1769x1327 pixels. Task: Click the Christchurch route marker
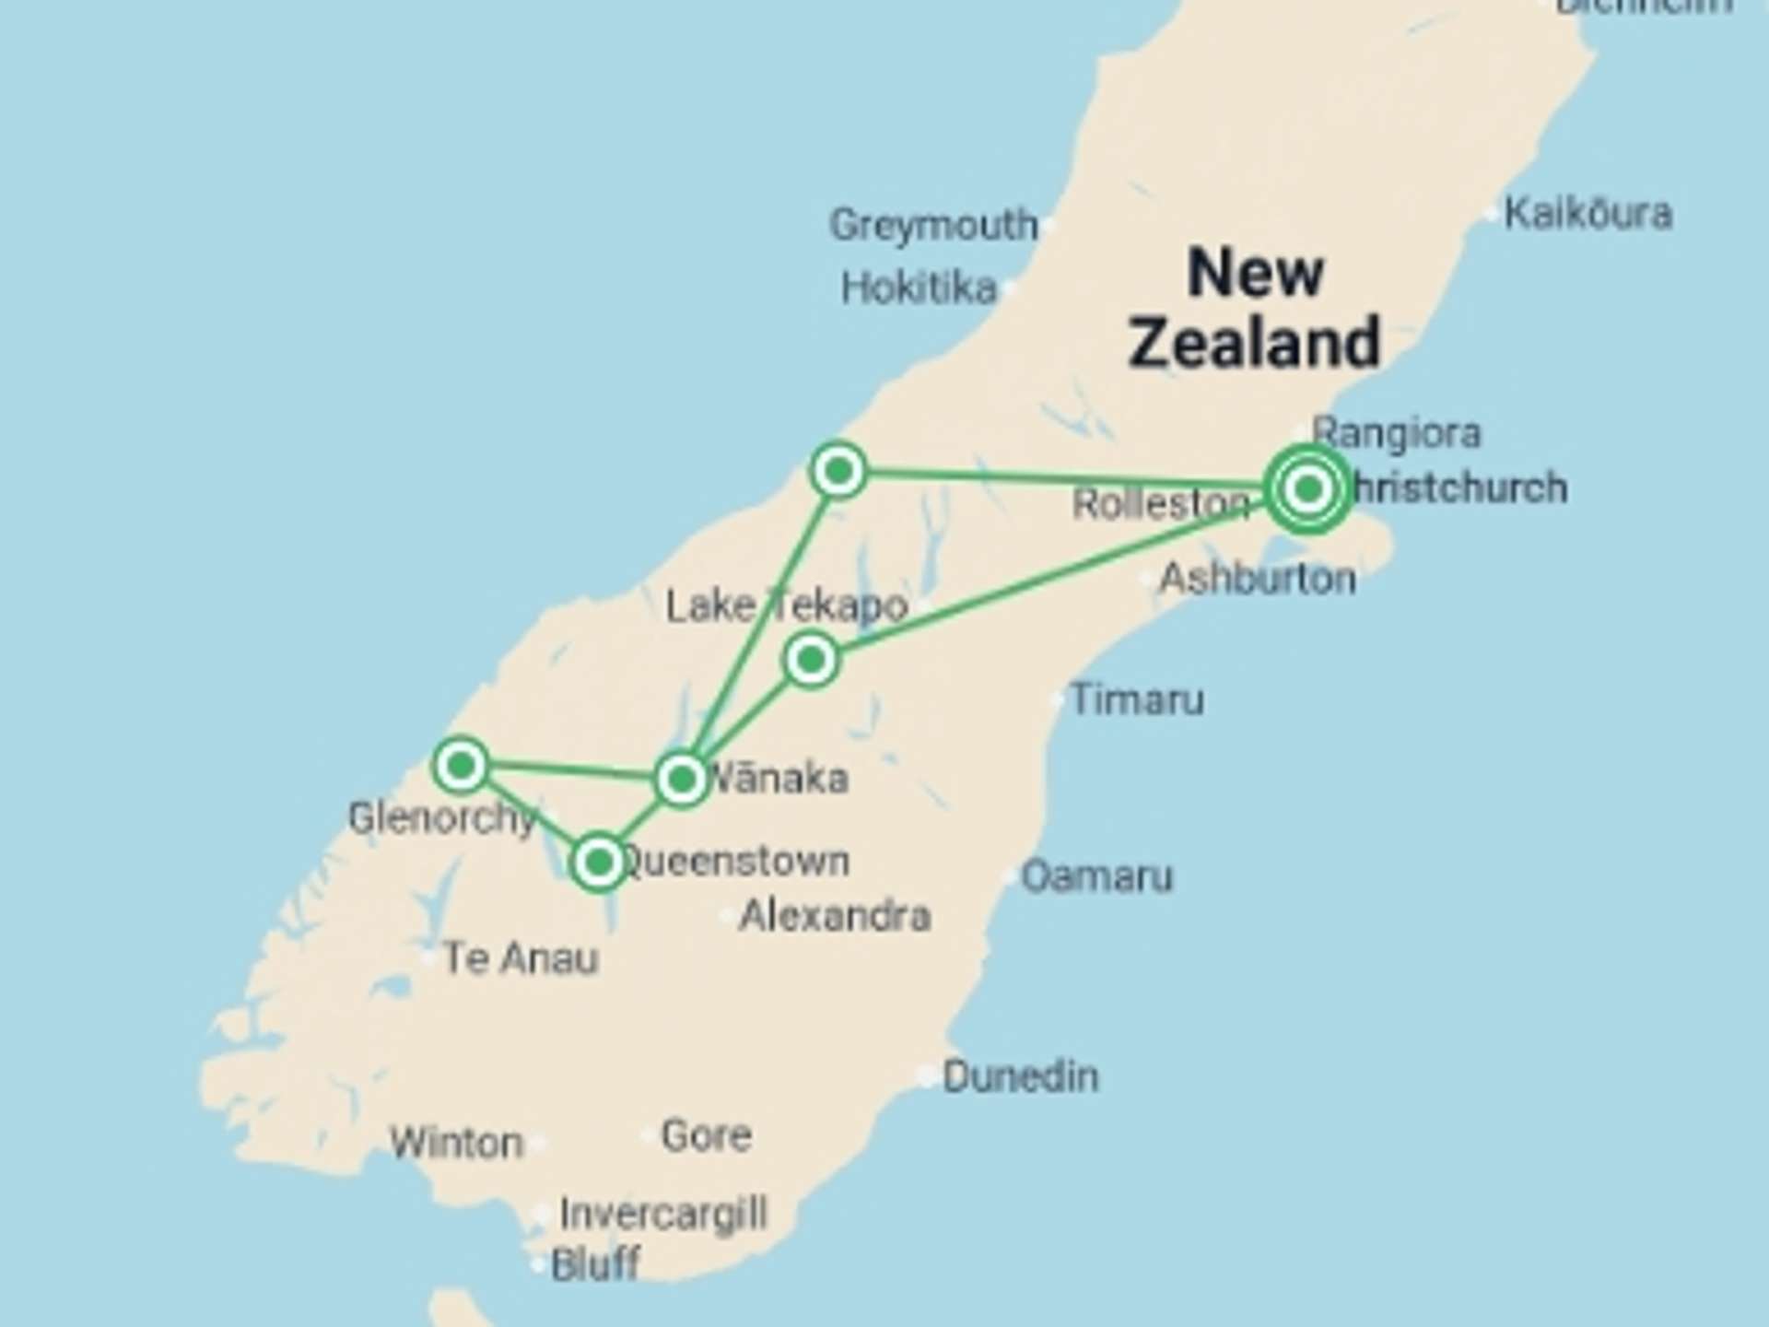click(x=1307, y=488)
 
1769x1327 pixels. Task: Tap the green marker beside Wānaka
click(x=681, y=780)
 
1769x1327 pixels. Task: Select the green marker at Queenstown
click(x=599, y=863)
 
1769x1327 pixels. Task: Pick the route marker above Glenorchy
click(x=461, y=764)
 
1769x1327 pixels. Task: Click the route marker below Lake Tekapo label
click(x=811, y=660)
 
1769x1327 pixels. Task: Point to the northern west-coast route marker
click(x=838, y=471)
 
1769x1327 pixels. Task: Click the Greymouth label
click(x=932, y=225)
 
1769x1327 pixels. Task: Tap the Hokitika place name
click(x=919, y=288)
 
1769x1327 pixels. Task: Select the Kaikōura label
click(x=1587, y=214)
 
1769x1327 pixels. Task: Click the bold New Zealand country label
click(x=1255, y=307)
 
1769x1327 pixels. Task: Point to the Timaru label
click(x=1136, y=699)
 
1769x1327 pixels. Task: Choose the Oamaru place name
click(x=1096, y=875)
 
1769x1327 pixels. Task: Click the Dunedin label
click(x=1020, y=1076)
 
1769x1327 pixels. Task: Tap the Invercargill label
click(x=662, y=1214)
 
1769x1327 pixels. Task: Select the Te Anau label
click(x=521, y=958)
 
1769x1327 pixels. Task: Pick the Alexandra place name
click(x=835, y=916)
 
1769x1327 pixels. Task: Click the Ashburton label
click(x=1257, y=579)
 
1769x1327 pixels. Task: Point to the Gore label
click(x=706, y=1135)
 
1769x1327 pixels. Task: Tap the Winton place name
click(x=456, y=1143)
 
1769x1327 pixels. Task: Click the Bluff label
click(x=594, y=1264)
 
